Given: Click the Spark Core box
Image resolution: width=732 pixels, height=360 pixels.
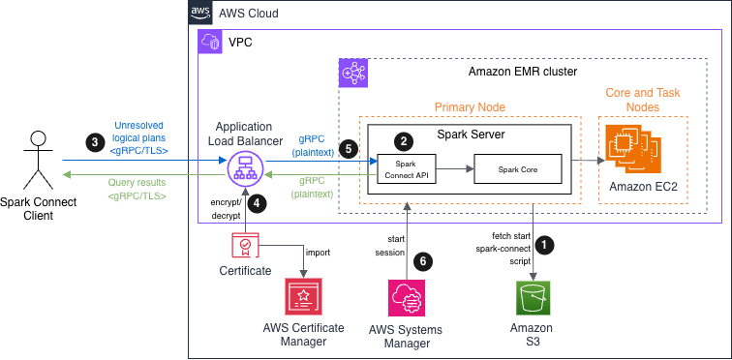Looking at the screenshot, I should [x=517, y=169].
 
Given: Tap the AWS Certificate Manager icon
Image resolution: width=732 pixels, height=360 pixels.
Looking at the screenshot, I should [x=303, y=297].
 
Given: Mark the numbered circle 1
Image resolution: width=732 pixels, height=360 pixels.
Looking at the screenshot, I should [x=548, y=245].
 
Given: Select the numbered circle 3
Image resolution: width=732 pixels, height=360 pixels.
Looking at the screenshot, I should [x=94, y=141].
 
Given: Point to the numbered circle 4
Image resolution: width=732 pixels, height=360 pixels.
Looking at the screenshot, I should [x=257, y=204].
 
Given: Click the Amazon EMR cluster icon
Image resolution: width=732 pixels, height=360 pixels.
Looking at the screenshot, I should [x=351, y=73].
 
